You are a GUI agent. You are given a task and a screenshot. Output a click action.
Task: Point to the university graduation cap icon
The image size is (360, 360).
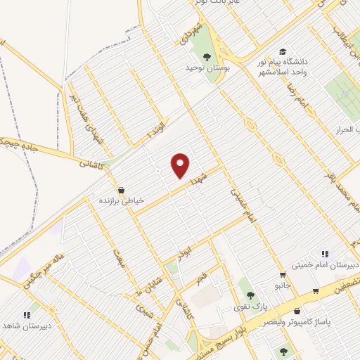[x=282, y=51]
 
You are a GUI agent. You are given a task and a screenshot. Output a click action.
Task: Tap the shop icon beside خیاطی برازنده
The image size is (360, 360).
[x=121, y=189]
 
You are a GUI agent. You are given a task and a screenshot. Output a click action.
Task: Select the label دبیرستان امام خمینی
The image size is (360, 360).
[x=324, y=266]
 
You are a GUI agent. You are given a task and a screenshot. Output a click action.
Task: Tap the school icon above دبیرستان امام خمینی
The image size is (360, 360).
[x=324, y=254]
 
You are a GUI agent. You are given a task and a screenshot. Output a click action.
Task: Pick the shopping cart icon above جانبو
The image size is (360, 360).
[x=282, y=275]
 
